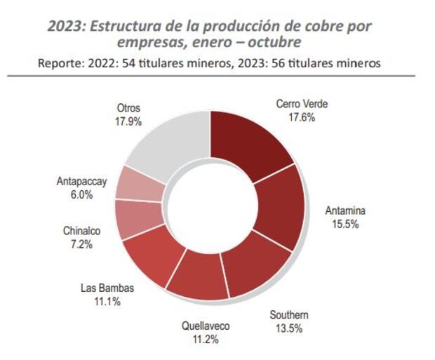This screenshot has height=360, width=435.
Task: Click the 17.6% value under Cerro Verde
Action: tap(302, 118)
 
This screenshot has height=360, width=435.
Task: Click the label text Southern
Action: tap(289, 314)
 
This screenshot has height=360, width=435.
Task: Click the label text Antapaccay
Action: tap(81, 181)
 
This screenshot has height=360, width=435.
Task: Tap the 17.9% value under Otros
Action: tap(128, 121)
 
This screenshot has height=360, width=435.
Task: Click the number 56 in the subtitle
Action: tap(281, 63)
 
